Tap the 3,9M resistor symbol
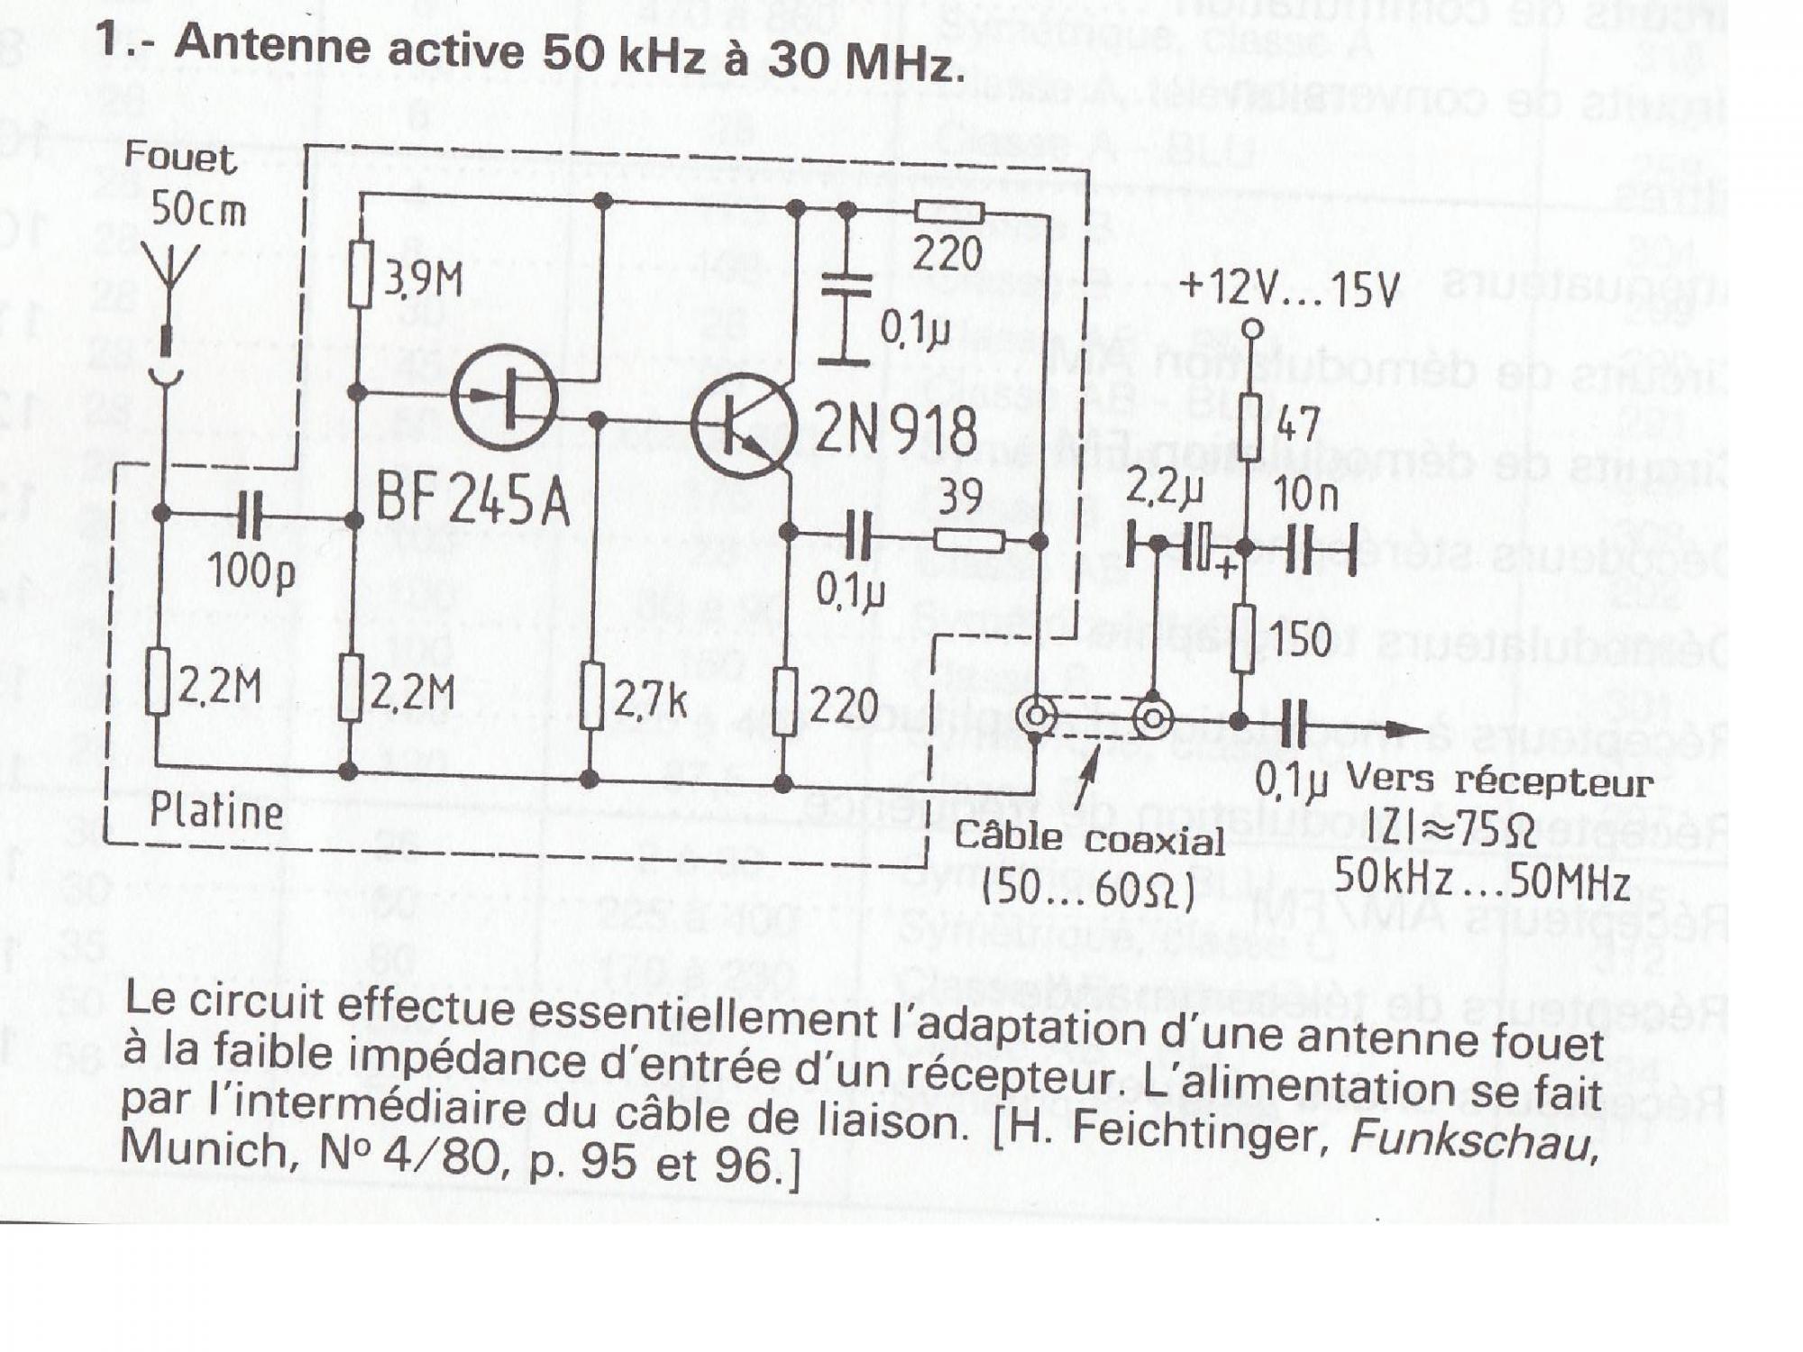click(361, 274)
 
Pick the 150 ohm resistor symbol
click(1243, 637)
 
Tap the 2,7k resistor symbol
click(591, 696)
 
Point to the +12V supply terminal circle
click(1251, 330)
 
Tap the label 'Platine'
click(216, 811)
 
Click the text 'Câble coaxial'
click(1089, 838)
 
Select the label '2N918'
click(896, 430)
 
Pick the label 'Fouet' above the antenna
click(180, 158)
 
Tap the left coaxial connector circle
click(1037, 717)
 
